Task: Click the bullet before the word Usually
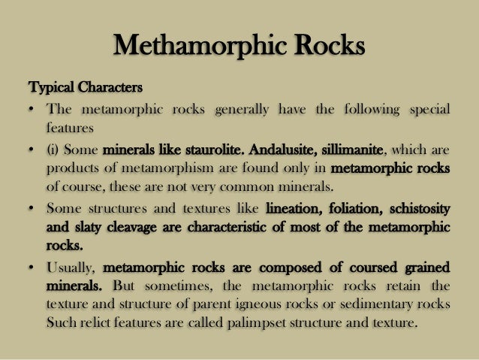pos(32,267)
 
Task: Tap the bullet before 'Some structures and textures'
pos(32,208)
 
